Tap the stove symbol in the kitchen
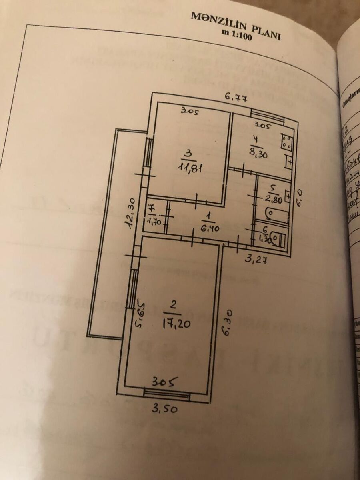point(286,142)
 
